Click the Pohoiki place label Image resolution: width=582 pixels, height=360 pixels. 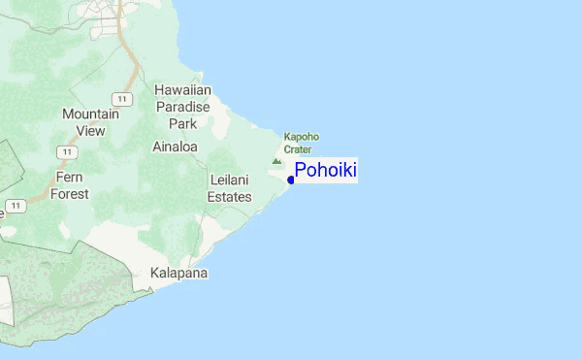pos(326,171)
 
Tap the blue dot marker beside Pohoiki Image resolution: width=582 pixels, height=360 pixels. pos(291,180)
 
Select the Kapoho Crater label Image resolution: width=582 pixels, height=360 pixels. pos(301,143)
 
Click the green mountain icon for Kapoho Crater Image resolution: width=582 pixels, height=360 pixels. pos(276,160)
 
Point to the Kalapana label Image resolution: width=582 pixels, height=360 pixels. pos(179,274)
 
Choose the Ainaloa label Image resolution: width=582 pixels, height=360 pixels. pos(175,147)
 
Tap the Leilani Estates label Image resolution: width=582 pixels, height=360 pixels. pos(231,188)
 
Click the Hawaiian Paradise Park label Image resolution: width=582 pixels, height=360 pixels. pos(182,107)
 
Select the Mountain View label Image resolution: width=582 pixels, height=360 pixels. pos(90,121)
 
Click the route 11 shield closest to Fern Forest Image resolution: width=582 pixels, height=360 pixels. pos(64,152)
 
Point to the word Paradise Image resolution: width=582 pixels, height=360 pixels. pos(182,107)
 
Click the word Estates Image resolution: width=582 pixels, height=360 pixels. pos(230,197)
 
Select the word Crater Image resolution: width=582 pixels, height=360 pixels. pos(298,149)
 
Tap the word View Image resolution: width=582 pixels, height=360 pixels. pos(90,130)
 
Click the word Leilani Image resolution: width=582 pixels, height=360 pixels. pos(231,180)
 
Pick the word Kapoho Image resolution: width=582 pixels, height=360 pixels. pos(302,137)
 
